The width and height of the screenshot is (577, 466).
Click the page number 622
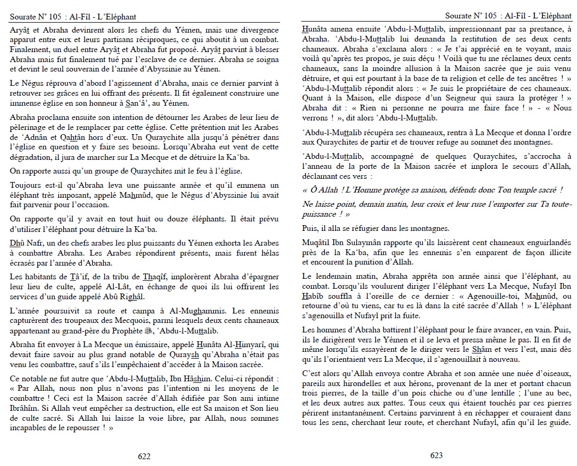[144, 457]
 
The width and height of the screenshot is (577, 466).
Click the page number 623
[436, 455]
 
